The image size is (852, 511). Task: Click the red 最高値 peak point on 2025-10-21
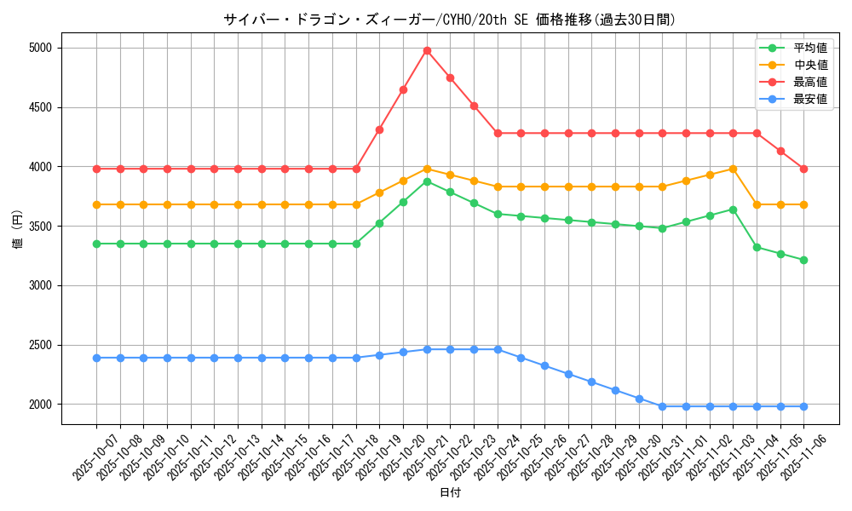tap(427, 50)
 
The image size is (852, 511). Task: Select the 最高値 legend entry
tap(809, 82)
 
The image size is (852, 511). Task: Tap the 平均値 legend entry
tap(809, 48)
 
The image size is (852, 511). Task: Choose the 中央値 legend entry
tap(809, 65)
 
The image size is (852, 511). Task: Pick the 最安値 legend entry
tap(809, 99)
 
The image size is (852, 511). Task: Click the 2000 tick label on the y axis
tap(39, 405)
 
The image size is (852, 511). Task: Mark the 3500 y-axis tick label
tap(39, 227)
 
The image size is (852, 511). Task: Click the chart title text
tap(449, 20)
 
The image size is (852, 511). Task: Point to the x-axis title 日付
tap(449, 493)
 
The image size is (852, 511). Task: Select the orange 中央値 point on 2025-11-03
tap(733, 169)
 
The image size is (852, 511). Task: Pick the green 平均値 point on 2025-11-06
tap(803, 260)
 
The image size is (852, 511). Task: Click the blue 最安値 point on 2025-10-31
tap(662, 406)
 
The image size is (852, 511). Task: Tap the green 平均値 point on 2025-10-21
tap(427, 181)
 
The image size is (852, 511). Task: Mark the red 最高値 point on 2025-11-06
tap(803, 169)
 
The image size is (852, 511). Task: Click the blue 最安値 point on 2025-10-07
tap(96, 358)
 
